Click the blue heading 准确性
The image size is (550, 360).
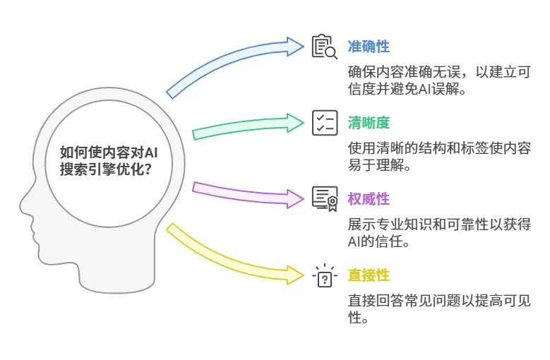click(368, 47)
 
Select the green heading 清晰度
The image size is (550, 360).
click(368, 122)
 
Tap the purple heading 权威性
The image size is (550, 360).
click(368, 199)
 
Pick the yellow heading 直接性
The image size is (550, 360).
click(368, 275)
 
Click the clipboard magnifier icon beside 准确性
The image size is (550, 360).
click(325, 47)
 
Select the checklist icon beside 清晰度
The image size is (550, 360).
click(325, 122)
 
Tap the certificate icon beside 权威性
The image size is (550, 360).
click(325, 199)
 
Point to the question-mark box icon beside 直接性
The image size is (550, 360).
click(325, 276)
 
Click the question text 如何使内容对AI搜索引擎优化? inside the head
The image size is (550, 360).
click(108, 161)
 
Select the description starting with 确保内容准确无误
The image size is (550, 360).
click(438, 81)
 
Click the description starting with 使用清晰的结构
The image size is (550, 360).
click(438, 157)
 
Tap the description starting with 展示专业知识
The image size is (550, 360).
click(438, 233)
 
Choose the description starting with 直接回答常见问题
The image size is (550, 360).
click(438, 309)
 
